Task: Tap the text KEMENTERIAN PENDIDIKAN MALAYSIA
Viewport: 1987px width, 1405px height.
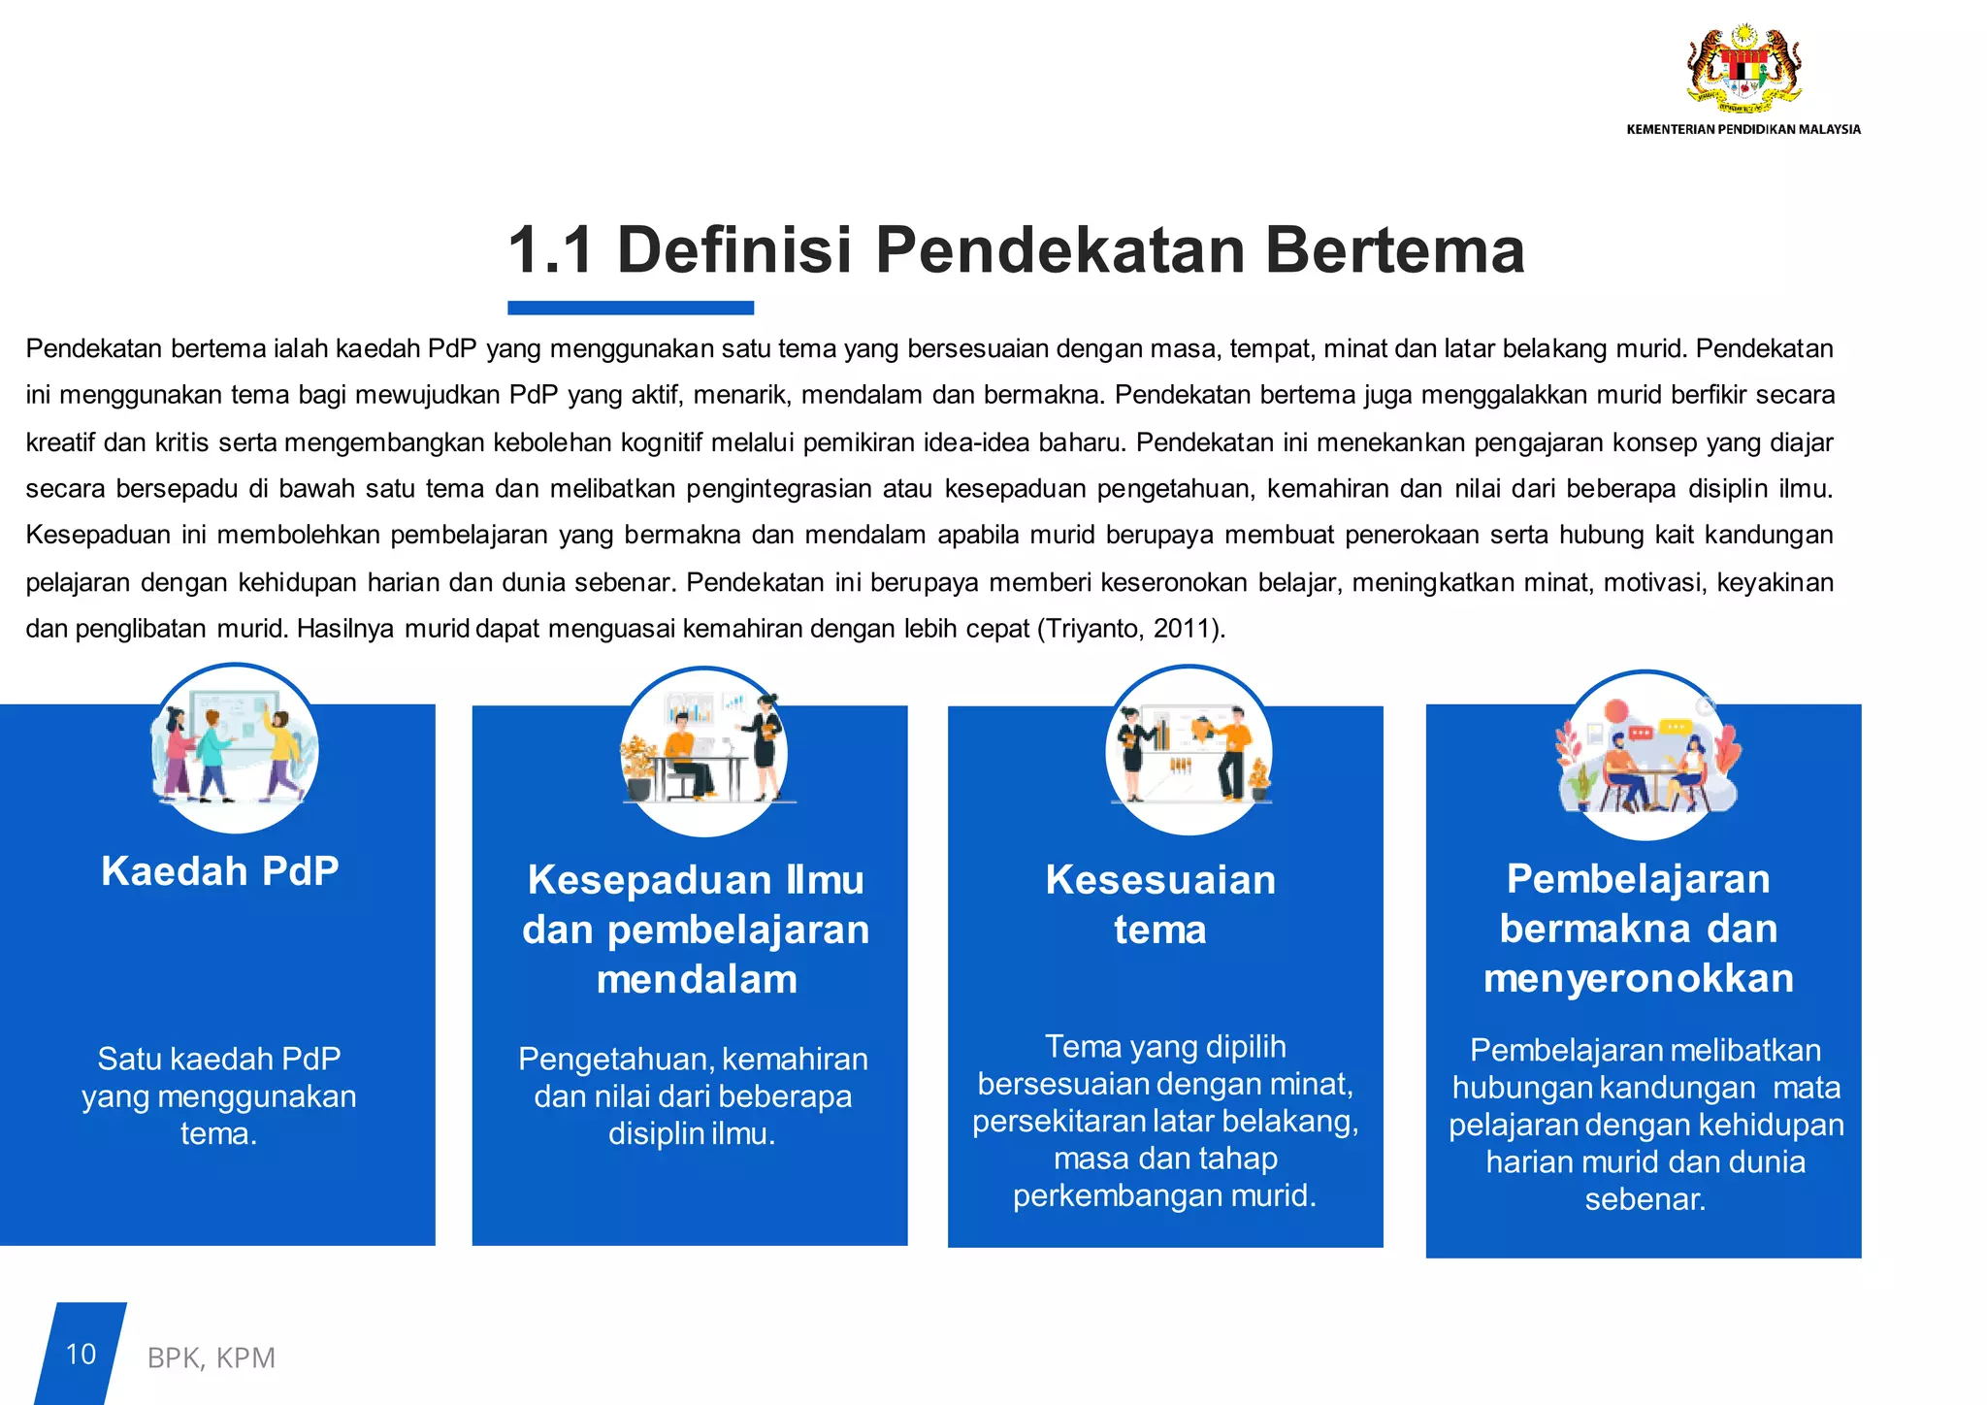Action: (x=1743, y=129)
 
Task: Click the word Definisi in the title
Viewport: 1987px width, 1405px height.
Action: (x=734, y=250)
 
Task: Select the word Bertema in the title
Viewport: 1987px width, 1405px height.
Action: (x=1394, y=250)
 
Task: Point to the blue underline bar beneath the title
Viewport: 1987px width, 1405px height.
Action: (x=631, y=308)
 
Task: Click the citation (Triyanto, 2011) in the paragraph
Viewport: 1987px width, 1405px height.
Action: (x=1131, y=629)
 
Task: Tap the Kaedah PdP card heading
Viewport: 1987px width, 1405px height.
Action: (x=220, y=871)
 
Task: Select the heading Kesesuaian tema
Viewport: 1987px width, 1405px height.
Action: (x=1160, y=904)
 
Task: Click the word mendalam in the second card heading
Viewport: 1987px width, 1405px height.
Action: (x=697, y=979)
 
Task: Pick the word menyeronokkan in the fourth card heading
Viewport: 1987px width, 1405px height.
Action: (x=1639, y=978)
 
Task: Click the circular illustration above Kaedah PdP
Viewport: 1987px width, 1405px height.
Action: (x=234, y=749)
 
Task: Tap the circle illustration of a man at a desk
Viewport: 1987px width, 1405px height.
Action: (x=704, y=752)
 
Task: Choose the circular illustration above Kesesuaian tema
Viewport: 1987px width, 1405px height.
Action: (x=1189, y=750)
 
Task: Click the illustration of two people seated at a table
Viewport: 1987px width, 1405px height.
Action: (x=1645, y=756)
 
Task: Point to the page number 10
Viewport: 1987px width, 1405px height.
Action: (x=81, y=1354)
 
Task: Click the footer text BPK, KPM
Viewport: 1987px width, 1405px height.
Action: (x=212, y=1357)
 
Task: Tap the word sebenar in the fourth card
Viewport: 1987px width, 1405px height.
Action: (x=1645, y=1199)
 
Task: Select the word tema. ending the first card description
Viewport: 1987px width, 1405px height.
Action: (x=219, y=1133)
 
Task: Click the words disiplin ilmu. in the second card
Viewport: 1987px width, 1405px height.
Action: (x=692, y=1133)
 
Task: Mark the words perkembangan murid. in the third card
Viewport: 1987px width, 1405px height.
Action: (x=1164, y=1195)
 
